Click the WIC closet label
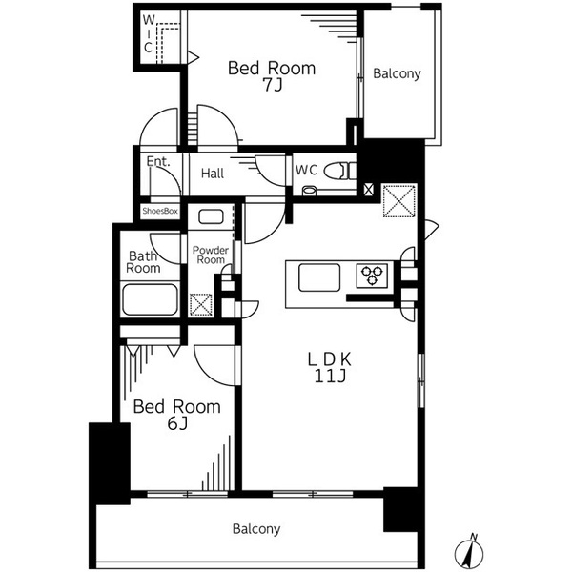point(148,33)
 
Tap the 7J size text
point(273,85)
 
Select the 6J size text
point(177,423)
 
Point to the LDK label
point(330,359)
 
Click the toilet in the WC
point(339,171)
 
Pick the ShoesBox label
point(160,211)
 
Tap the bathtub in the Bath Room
point(150,299)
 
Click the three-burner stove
point(372,276)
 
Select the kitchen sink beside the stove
point(319,277)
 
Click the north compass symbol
point(469,552)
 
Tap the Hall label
point(213,174)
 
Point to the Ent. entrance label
point(158,161)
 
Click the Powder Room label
point(211,255)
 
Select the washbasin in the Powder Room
point(211,217)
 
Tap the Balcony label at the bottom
point(256,529)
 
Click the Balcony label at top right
point(397,73)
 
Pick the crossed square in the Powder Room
point(200,305)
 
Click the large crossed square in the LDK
point(399,201)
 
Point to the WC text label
point(306,170)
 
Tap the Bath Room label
point(143,262)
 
